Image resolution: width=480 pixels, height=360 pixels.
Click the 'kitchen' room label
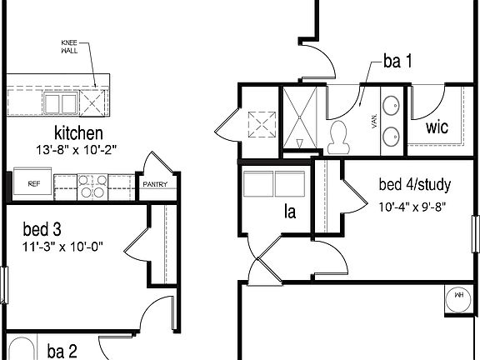78,132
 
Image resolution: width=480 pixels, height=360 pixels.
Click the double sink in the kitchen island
60,102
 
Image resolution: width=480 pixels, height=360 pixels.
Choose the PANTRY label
155,185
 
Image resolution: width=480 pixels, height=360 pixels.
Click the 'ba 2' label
62,350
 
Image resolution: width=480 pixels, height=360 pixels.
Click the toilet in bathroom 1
339,138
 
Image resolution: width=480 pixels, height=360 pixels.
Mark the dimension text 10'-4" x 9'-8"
412,206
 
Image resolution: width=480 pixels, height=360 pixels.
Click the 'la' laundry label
289,212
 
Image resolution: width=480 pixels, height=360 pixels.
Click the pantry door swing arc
152,161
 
